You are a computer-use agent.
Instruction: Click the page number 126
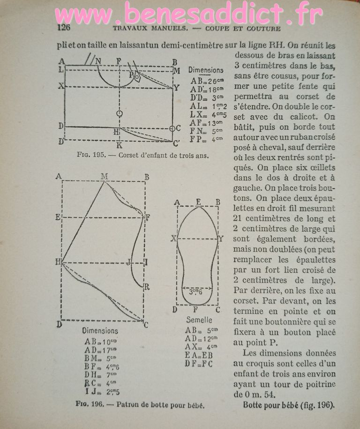point(63,27)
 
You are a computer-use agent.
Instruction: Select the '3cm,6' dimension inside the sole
point(196,291)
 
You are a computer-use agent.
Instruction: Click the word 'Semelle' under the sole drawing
point(199,320)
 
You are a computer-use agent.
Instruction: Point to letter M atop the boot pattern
point(104,176)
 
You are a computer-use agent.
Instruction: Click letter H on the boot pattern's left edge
point(59,262)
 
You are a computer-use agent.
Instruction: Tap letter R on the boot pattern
point(147,287)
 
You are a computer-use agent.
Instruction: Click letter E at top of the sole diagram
point(199,202)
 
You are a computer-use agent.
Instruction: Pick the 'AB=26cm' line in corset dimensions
point(206,80)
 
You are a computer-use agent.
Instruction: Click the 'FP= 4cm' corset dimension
point(206,139)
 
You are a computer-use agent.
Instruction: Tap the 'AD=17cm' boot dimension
point(100,350)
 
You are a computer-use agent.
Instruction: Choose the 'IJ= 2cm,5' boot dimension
point(102,391)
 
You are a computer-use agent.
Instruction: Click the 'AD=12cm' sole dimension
point(200,338)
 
